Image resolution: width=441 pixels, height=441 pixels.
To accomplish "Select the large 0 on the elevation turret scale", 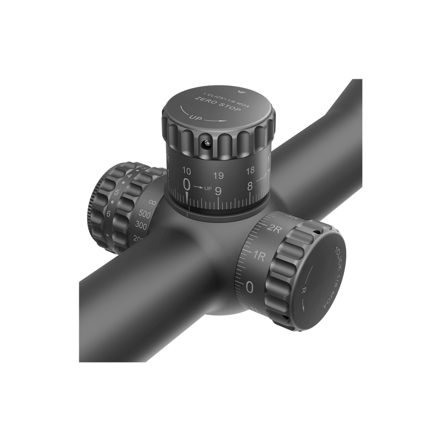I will click(187, 185).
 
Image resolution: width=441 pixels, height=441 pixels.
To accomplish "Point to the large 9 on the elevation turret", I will click(218, 191).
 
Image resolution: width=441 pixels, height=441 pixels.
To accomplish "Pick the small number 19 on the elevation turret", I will click(218, 176).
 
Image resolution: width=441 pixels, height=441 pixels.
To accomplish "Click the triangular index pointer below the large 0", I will click(187, 197).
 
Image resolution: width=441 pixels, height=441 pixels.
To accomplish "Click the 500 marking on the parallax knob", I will click(145, 214).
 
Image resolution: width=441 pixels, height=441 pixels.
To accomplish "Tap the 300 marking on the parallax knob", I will click(141, 225).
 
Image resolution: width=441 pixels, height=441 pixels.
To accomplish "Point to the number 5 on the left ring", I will click(117, 193).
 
